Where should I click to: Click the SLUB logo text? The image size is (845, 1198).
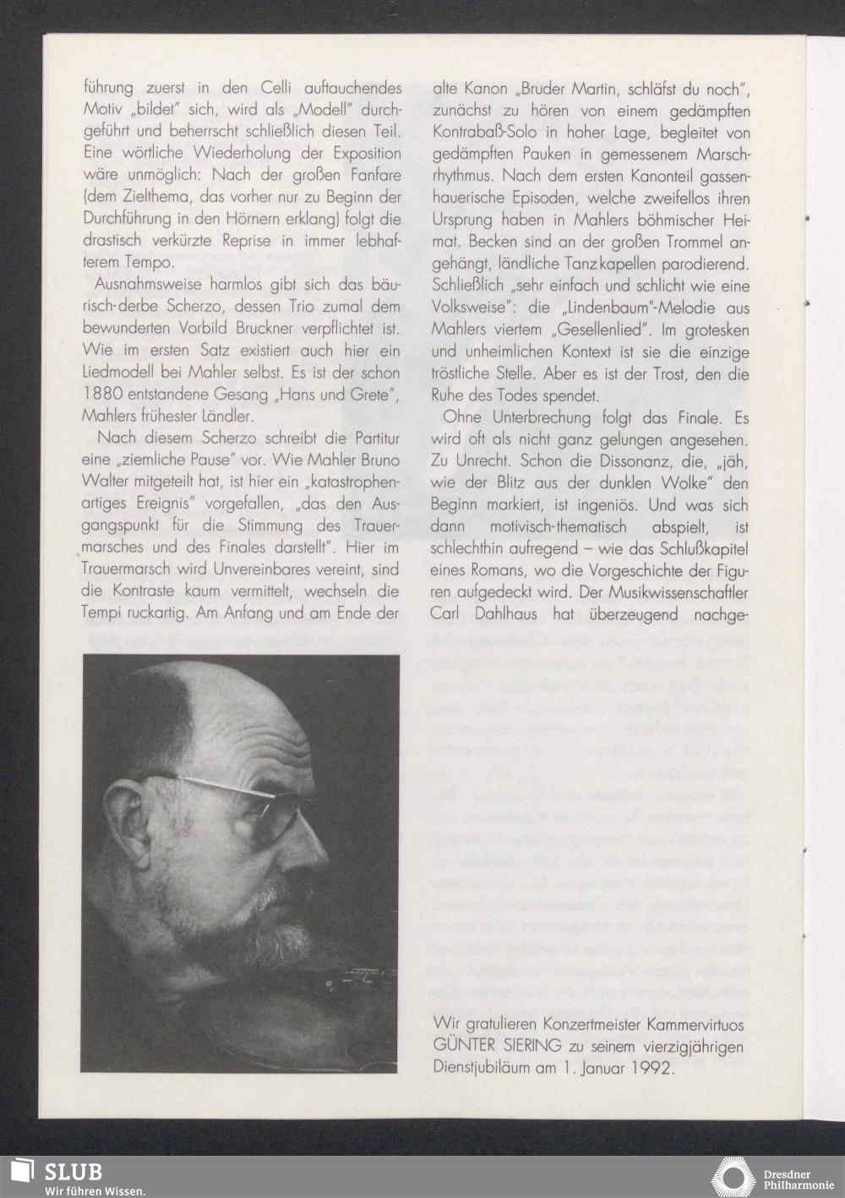pyautogui.click(x=74, y=1172)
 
